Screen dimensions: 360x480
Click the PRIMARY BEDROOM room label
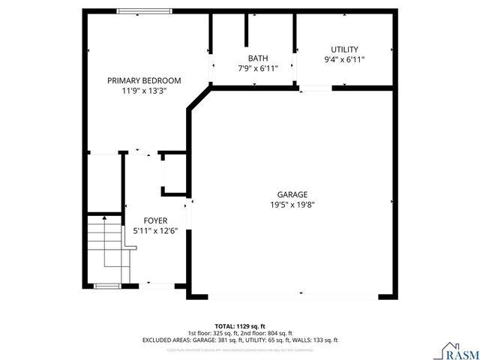(144, 80)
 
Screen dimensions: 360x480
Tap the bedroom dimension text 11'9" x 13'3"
(144, 91)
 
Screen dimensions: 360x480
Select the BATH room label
(258, 58)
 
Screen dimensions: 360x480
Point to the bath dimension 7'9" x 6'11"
(258, 68)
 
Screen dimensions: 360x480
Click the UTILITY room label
(345, 49)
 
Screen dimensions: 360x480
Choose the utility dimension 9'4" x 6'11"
(345, 60)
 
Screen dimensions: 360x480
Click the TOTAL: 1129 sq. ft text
(240, 317)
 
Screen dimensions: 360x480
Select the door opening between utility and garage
(316, 88)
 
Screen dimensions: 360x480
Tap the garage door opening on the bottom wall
(292, 296)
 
